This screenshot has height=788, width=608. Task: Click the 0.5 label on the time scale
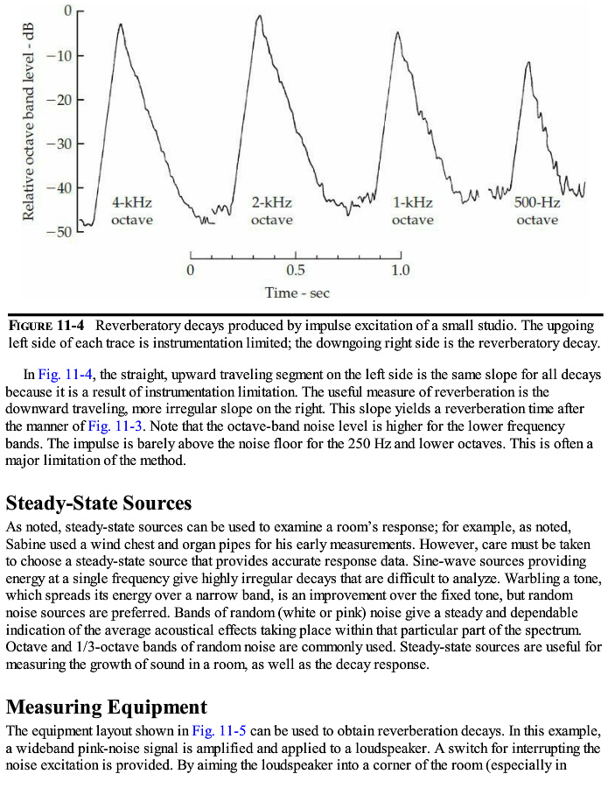click(x=296, y=270)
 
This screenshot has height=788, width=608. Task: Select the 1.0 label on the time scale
click(x=400, y=270)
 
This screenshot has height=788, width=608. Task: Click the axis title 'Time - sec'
click(x=297, y=293)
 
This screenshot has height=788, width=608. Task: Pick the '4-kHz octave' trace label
click(x=131, y=211)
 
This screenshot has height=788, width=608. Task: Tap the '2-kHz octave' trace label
click(x=271, y=211)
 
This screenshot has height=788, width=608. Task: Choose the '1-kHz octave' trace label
click(x=412, y=211)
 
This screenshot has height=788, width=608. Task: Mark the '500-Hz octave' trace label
click(x=537, y=211)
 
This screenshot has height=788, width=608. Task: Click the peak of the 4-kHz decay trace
click(x=121, y=24)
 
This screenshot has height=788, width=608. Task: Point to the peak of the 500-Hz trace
click(x=528, y=62)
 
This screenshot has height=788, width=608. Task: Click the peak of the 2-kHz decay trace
click(x=259, y=16)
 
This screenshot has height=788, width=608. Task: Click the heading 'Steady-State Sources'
click(x=99, y=503)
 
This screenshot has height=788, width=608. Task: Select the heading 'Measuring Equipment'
click(x=107, y=707)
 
